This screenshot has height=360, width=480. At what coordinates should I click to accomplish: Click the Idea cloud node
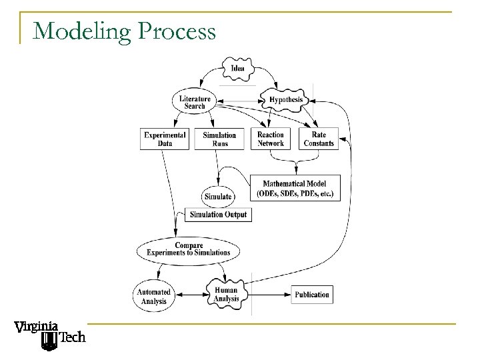click(237, 69)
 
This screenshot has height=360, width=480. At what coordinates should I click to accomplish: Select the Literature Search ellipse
click(195, 103)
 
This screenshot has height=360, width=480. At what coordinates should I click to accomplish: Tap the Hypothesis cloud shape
click(285, 100)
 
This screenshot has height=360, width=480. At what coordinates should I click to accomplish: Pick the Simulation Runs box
click(219, 139)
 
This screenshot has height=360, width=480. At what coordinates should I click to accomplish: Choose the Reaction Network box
click(271, 139)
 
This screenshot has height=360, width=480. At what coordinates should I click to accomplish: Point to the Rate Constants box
click(319, 139)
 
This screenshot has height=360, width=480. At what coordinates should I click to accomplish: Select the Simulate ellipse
click(218, 197)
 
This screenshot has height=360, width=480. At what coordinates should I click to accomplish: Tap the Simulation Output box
click(218, 215)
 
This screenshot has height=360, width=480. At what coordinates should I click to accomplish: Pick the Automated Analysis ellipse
click(153, 295)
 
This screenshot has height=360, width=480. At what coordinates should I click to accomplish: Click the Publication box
click(311, 295)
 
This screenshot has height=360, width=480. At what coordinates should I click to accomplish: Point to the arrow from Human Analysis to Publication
click(267, 295)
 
